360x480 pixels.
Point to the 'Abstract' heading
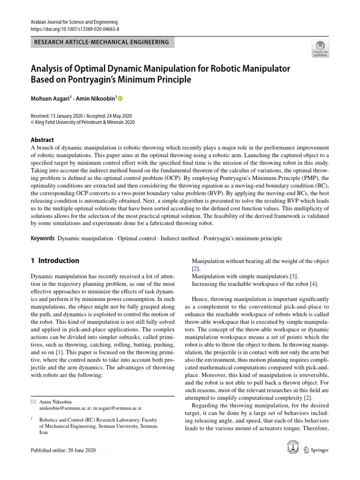point(42,140)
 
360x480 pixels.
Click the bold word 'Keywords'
point(43,238)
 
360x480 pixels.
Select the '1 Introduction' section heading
point(55,261)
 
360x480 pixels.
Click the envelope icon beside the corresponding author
point(33,402)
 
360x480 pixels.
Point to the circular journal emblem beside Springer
point(293,449)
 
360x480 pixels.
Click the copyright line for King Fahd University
point(82,122)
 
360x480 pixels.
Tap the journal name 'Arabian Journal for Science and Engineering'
point(74,22)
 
